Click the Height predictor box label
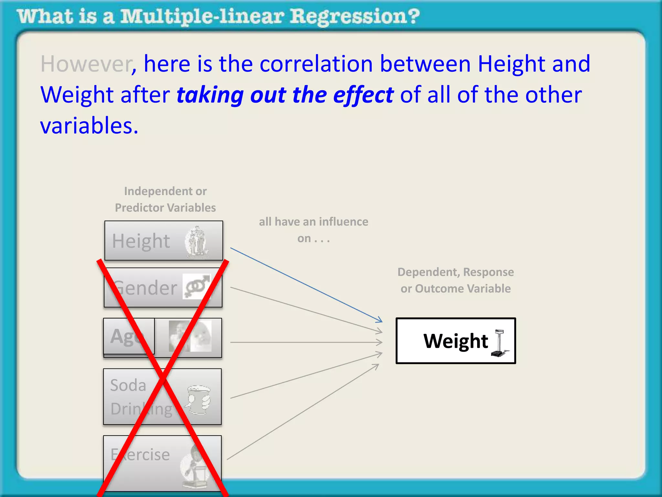pos(141,241)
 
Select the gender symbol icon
pos(196,286)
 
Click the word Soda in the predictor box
pos(128,385)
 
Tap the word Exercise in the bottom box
pos(140,455)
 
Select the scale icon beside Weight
pos(499,343)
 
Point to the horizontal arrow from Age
pos(304,342)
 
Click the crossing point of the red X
pos(163,377)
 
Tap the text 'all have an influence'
pos(313,222)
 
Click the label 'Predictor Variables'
pos(165,208)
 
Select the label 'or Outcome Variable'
pos(455,289)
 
